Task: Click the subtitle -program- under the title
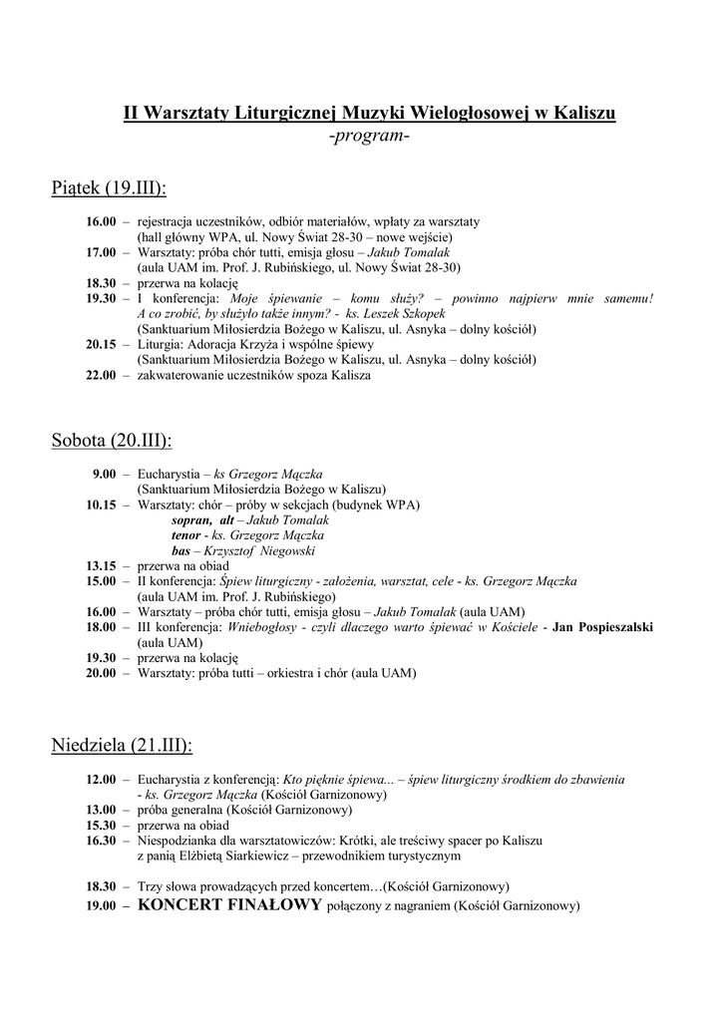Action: [x=369, y=136]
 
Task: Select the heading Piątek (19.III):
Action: [x=109, y=188]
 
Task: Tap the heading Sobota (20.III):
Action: [x=112, y=440]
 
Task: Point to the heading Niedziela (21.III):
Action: [x=122, y=745]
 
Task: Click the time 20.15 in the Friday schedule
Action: [x=101, y=345]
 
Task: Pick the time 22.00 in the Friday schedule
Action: [x=101, y=376]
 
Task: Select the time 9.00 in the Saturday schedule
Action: [x=105, y=475]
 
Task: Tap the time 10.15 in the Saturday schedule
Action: [x=101, y=506]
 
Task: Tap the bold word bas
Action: [x=181, y=551]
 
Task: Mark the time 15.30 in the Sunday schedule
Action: [x=101, y=826]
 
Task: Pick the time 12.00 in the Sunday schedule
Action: [x=101, y=780]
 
